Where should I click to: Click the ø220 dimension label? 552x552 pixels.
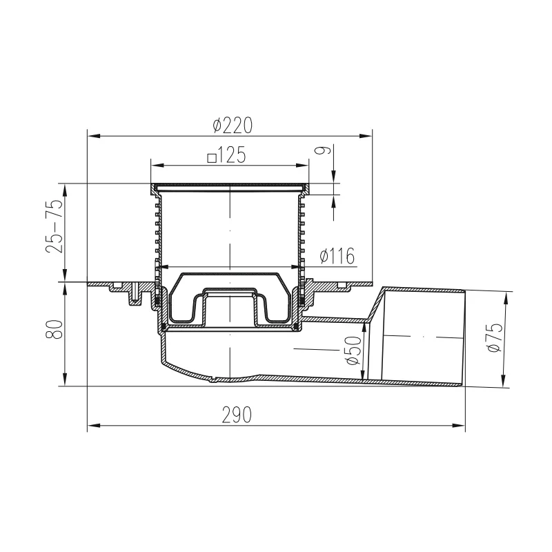pyautogui.click(x=233, y=126)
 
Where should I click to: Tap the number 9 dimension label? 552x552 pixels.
pyautogui.click(x=326, y=150)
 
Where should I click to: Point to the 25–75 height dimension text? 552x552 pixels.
pyautogui.click(x=55, y=226)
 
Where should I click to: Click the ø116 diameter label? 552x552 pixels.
pyautogui.click(x=337, y=256)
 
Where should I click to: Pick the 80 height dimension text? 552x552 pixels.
pyautogui.click(x=55, y=329)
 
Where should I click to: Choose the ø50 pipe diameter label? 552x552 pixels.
pyautogui.click(x=353, y=351)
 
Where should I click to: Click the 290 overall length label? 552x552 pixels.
pyautogui.click(x=237, y=415)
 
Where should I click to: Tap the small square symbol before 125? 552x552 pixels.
pyautogui.click(x=212, y=158)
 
